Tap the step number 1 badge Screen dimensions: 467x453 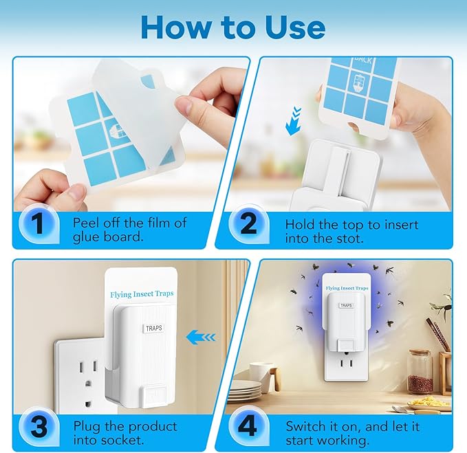point(38,223)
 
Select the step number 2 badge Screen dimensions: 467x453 point(248,223)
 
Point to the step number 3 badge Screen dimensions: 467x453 point(38,427)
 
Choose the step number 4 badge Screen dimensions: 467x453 point(248,426)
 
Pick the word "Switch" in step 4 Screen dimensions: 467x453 point(305,426)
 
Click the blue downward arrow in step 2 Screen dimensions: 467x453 point(293,122)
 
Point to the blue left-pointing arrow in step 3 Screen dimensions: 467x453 point(201,337)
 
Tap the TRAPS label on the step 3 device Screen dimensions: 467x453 point(153,328)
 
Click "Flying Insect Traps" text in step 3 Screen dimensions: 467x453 point(142,294)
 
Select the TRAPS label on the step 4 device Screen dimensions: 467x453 point(346,305)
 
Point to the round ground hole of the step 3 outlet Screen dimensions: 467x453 point(87,384)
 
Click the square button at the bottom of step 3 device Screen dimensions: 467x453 point(153,396)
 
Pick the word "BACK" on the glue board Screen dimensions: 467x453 point(363,60)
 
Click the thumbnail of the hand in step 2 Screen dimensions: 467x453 point(354,127)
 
